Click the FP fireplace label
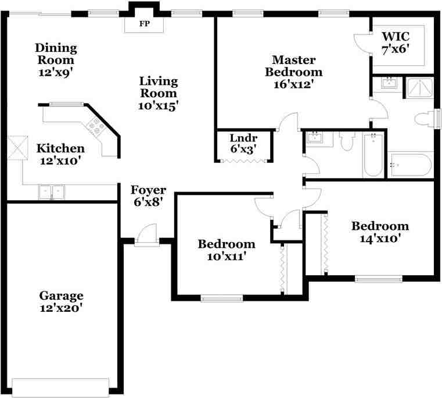pos(144,24)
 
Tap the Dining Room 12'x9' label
pos(56,60)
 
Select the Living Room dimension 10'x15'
pos(158,106)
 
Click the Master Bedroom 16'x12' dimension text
pos(294,84)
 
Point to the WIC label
pos(396,37)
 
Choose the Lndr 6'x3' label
pos(243,144)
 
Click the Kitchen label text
pos(60,148)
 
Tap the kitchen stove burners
pos(96,126)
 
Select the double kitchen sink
pos(52,192)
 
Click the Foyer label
pos(148,190)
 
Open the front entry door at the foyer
pos(146,235)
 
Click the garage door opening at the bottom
pos(60,388)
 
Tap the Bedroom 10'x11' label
pos(227,250)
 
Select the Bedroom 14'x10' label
pos(380,232)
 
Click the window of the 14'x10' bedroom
pos(379,279)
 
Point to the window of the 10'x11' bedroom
pos(222,298)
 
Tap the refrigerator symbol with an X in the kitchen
pos(18,148)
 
